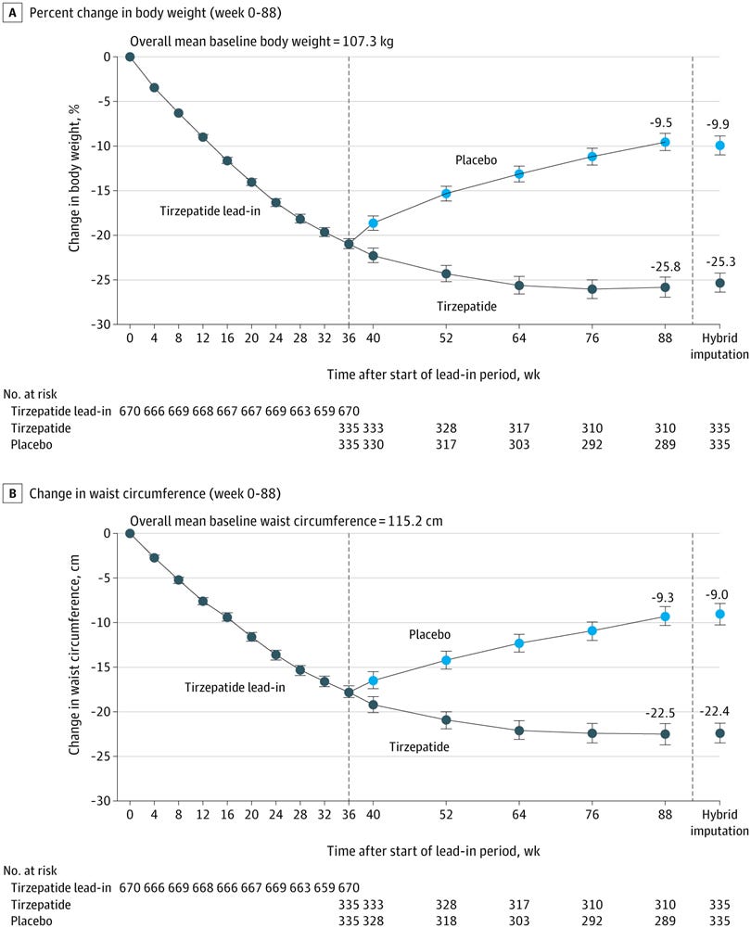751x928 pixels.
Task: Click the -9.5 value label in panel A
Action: pos(661,123)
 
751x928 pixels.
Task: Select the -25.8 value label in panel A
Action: pos(666,267)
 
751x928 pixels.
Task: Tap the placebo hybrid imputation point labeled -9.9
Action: pos(719,146)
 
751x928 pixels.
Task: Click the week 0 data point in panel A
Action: pos(130,57)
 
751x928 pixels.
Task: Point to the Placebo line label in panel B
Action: pos(429,634)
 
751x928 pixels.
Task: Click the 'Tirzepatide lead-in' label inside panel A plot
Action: pos(210,211)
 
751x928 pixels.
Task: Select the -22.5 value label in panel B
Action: pos(660,713)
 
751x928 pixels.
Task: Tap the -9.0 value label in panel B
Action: pos(717,595)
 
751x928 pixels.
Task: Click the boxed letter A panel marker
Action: pos(12,12)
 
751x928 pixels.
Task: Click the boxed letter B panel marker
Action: pos(12,493)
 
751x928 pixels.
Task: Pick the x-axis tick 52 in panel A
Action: pos(446,338)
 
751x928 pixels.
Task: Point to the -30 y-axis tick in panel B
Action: pos(101,801)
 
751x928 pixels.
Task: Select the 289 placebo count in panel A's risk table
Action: pos(665,444)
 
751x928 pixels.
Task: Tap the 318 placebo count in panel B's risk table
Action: pos(446,921)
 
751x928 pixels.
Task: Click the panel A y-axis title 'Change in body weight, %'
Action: pos(74,178)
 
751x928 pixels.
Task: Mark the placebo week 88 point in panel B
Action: pos(665,617)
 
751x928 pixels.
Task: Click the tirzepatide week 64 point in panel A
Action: pos(519,286)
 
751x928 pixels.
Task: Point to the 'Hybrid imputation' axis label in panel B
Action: pos(719,822)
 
